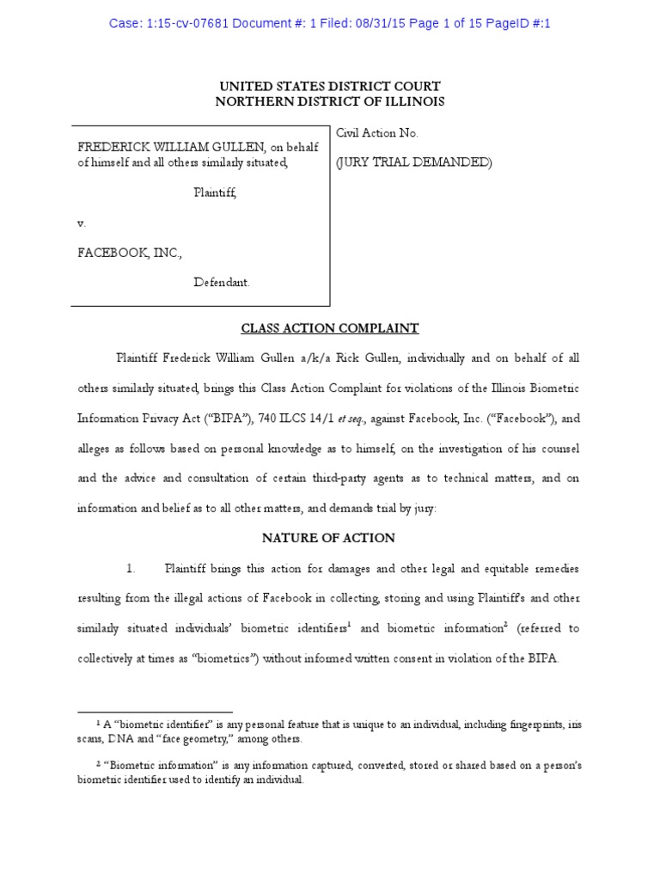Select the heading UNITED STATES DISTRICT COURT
click(x=330, y=87)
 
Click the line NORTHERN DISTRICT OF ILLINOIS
click(x=330, y=101)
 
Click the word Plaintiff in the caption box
click(x=214, y=192)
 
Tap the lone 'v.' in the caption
click(x=82, y=223)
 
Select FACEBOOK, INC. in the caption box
click(x=130, y=253)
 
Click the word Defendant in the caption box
click(x=222, y=282)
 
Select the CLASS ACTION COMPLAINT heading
click(x=329, y=328)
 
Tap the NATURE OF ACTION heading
click(x=329, y=538)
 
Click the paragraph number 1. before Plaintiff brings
click(x=131, y=569)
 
